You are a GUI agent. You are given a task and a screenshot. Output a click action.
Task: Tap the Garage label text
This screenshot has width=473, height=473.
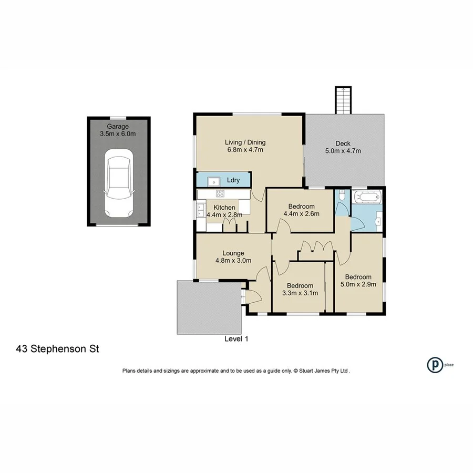(118, 126)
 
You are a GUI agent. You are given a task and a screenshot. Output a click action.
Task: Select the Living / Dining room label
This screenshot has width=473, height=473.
(245, 142)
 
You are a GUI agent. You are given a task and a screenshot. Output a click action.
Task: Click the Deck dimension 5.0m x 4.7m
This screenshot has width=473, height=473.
(343, 151)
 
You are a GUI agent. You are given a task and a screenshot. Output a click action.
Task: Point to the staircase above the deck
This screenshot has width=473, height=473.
(343, 100)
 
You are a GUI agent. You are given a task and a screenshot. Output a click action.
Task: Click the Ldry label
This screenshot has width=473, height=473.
(233, 180)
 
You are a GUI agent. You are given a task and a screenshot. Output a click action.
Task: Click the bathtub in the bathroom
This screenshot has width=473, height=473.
(367, 199)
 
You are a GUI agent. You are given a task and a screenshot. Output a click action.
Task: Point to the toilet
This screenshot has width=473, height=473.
(342, 197)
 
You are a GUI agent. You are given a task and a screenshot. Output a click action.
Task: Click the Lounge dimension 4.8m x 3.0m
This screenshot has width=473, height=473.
(233, 260)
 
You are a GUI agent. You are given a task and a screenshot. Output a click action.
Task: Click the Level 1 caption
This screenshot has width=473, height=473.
(236, 339)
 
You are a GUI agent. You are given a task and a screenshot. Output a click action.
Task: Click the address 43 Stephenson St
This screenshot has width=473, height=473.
(58, 348)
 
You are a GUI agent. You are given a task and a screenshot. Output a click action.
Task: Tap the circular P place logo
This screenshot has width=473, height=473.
(434, 364)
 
